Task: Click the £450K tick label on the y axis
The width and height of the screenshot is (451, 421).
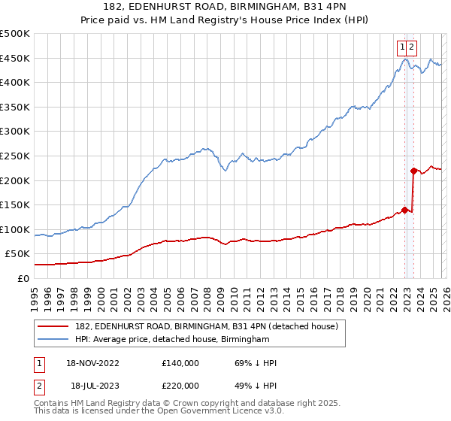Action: tap(15, 59)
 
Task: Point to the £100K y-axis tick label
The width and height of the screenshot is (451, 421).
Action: tap(15, 230)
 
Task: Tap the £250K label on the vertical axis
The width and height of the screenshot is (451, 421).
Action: tap(15, 156)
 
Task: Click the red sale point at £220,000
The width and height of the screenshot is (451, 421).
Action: tap(413, 171)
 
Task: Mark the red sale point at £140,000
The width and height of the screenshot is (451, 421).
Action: tap(405, 210)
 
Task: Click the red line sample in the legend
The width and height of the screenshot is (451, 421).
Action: tap(54, 326)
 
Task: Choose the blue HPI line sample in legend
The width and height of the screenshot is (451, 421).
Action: tap(54, 340)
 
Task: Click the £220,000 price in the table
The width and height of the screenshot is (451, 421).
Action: tap(180, 384)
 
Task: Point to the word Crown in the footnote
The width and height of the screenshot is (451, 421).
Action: tap(195, 404)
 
